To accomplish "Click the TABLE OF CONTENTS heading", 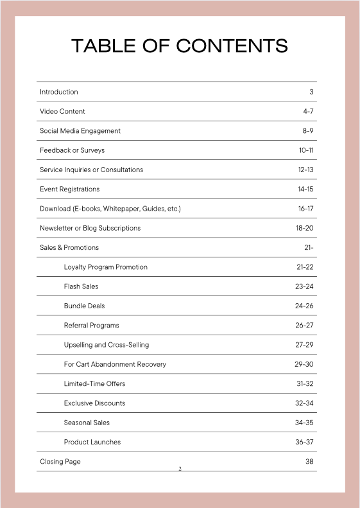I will (180, 46).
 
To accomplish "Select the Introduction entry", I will (59, 92).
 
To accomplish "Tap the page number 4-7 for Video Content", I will (308, 111).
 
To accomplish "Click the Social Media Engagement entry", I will (80, 131).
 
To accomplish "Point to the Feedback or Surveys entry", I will (72, 150).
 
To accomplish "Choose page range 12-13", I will (305, 170).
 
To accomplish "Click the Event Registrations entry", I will (70, 189).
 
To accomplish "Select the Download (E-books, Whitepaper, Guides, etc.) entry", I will (110, 209).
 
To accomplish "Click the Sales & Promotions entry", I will (69, 247).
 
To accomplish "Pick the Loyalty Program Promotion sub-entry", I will (106, 267).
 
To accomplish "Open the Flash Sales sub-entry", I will (81, 286).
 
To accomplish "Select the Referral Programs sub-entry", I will (92, 326).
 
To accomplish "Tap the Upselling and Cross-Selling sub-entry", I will (107, 345).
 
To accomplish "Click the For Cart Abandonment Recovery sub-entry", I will (115, 364).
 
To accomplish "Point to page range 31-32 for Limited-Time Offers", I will (305, 383).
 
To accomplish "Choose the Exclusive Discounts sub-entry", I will (95, 403).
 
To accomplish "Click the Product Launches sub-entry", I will (92, 442).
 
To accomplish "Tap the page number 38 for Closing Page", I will (309, 461).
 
